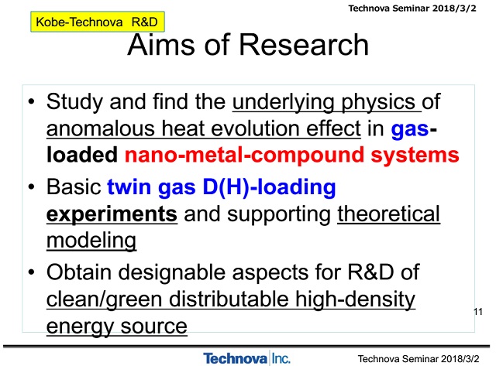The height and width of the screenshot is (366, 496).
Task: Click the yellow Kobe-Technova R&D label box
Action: (x=98, y=22)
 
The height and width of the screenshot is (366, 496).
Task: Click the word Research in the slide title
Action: (x=304, y=45)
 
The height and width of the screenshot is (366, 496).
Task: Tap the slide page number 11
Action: (x=478, y=312)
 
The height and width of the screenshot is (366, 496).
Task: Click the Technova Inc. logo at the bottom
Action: (x=246, y=358)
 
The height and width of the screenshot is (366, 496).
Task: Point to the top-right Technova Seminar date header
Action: (x=412, y=9)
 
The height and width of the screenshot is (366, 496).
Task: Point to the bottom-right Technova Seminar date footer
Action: (x=418, y=359)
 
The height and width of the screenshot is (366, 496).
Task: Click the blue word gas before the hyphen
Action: (x=410, y=130)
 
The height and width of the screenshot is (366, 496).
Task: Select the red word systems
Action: (x=415, y=155)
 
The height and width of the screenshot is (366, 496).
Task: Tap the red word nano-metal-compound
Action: (x=244, y=155)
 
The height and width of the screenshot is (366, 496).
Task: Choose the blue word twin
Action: (x=129, y=186)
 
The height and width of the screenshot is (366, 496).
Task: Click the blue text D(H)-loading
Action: (x=269, y=187)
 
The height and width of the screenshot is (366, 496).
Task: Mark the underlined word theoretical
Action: (x=388, y=214)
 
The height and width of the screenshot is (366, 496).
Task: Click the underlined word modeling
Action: (x=91, y=241)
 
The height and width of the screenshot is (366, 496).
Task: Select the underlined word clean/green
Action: (x=105, y=299)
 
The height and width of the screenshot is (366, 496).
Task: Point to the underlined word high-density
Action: (x=355, y=299)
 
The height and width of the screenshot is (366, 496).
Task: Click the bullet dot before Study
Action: (x=31, y=101)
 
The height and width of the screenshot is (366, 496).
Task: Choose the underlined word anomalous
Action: (x=101, y=128)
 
